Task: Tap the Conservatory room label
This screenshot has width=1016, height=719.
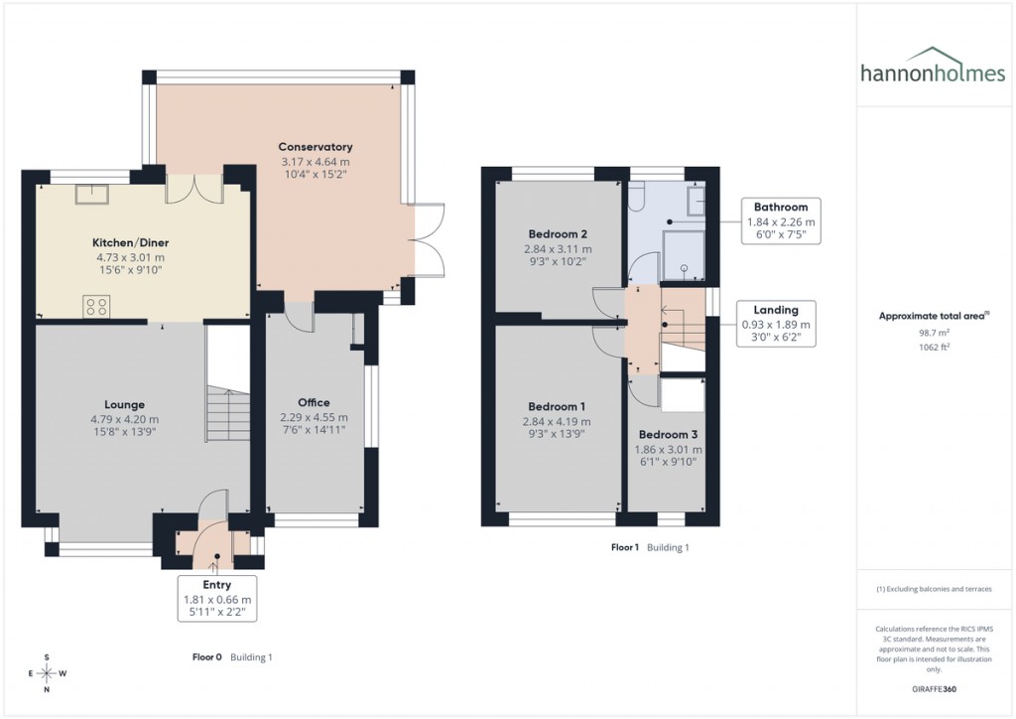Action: coord(316,147)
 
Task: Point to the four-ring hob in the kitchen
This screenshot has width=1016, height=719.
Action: coord(96,307)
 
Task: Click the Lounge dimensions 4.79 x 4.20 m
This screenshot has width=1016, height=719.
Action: coord(125,419)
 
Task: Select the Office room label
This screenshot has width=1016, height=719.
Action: coord(314,402)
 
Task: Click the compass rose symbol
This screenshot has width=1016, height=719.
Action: coord(47,673)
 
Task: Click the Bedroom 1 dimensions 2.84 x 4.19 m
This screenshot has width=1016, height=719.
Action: coord(557,422)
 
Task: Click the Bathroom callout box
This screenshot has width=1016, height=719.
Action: coord(781,221)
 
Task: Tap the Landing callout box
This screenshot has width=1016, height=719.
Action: coord(776,324)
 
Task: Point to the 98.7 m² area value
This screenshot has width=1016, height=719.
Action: coord(934,334)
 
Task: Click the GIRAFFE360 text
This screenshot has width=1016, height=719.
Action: coord(934,688)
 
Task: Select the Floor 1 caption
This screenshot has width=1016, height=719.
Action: coord(624,547)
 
